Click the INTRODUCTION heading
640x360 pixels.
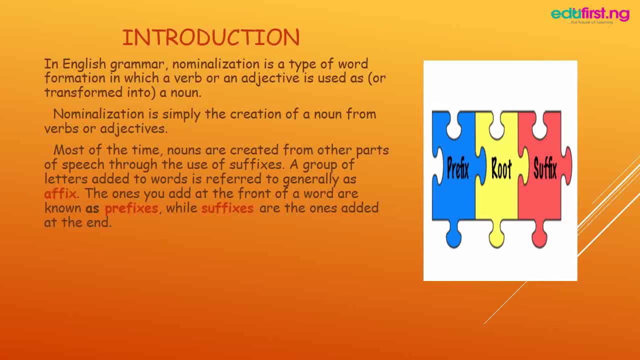click(x=210, y=37)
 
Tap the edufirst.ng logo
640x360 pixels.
click(x=590, y=14)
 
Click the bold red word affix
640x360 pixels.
click(x=60, y=193)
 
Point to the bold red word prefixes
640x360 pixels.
click(x=131, y=207)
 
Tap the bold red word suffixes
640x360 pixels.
click(x=227, y=207)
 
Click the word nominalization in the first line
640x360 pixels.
click(x=215, y=64)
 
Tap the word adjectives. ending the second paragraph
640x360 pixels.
click(x=133, y=128)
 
